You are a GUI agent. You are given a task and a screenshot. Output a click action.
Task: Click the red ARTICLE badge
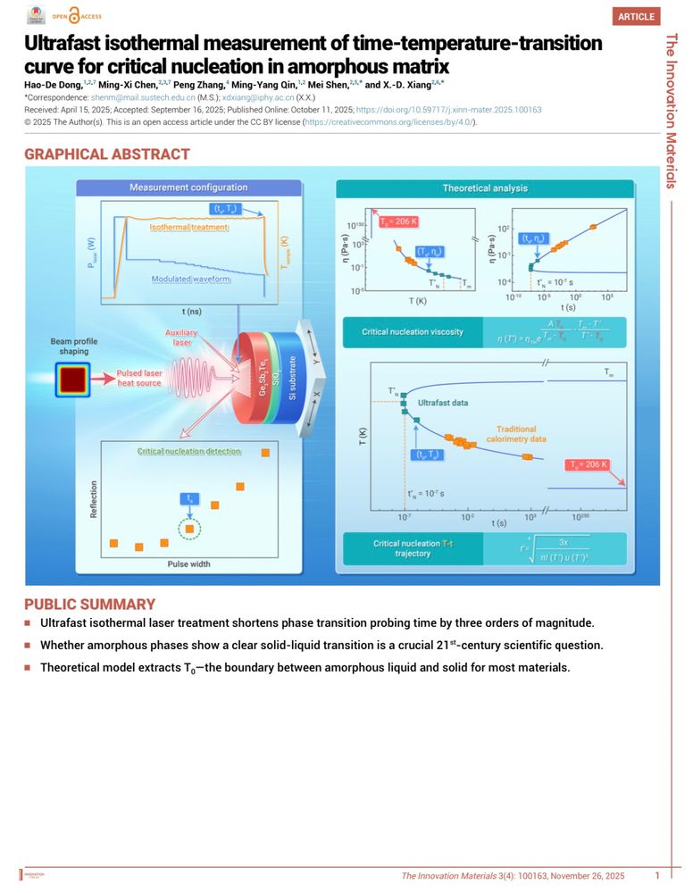(636, 16)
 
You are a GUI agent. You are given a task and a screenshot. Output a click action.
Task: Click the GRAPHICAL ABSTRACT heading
(107, 154)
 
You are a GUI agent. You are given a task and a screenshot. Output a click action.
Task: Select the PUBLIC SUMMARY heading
(89, 604)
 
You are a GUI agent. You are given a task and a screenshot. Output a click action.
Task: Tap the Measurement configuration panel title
(188, 188)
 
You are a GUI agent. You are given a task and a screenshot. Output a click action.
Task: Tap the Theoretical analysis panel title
(485, 188)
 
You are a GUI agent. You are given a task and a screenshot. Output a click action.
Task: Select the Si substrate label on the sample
(292, 378)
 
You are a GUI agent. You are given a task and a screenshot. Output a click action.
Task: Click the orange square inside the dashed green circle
(188, 530)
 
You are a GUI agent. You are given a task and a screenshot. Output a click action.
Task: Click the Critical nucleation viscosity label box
(412, 332)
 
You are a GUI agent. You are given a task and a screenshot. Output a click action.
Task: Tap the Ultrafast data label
(442, 404)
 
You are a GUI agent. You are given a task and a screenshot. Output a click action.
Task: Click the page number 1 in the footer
(657, 876)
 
